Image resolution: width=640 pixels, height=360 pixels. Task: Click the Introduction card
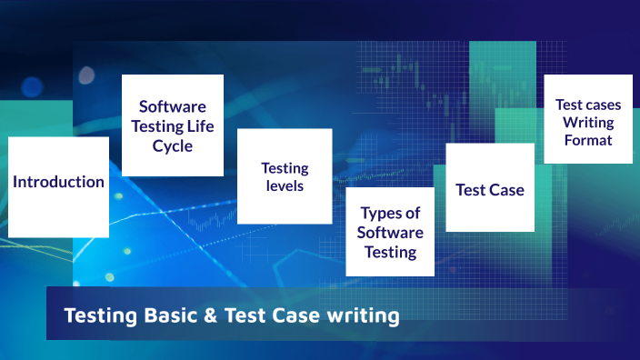tap(58, 182)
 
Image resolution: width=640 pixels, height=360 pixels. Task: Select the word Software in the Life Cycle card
tap(173, 107)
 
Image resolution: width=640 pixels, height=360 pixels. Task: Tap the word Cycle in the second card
tap(173, 145)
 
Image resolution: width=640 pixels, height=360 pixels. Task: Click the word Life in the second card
tap(204, 126)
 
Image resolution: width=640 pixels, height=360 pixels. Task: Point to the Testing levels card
tap(285, 176)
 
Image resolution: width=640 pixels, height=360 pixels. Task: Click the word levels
tap(285, 185)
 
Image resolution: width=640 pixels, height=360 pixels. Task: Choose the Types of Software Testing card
tap(390, 232)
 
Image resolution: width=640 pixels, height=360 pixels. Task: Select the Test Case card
tap(490, 190)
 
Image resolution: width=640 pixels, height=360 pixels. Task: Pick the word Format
tap(588, 140)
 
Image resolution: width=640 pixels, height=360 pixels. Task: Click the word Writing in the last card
tap(588, 122)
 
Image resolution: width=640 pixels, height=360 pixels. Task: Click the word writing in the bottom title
tap(363, 316)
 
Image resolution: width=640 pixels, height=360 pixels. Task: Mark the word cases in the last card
tap(602, 104)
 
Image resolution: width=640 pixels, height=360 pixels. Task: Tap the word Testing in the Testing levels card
tap(285, 167)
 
